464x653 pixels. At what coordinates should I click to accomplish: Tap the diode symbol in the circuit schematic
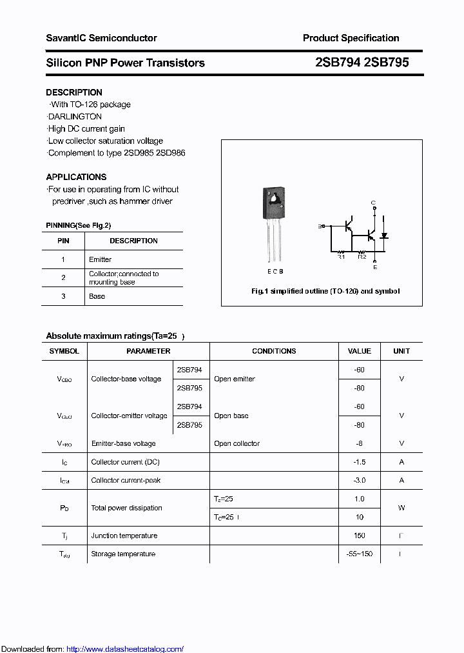tap(384, 236)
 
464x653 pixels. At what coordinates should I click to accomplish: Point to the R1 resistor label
tap(342, 257)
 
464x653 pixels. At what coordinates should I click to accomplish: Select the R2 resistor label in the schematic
tap(362, 257)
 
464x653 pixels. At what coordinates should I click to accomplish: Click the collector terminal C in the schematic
tap(373, 203)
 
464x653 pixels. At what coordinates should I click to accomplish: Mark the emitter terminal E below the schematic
tap(374, 266)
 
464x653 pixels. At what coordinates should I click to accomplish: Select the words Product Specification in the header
tap(351, 38)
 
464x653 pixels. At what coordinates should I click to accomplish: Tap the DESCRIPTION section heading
tap(74, 92)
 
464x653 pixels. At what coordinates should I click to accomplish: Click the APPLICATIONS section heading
tap(76, 177)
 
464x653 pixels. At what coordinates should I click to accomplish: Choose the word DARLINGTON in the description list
tap(75, 117)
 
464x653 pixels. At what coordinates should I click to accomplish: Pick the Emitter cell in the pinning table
tap(100, 259)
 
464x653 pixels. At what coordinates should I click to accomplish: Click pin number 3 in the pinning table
tap(63, 296)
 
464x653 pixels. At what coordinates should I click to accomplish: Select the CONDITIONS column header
tap(274, 351)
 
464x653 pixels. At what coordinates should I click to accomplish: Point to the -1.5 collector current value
tap(359, 462)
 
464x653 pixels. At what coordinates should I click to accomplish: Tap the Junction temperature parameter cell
tap(124, 536)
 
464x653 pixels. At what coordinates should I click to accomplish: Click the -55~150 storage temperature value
tap(359, 554)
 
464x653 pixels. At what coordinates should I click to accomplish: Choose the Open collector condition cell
tap(237, 443)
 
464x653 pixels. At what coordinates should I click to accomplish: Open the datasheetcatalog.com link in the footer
tap(125, 649)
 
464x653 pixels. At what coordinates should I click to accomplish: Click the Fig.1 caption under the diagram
tap(325, 291)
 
